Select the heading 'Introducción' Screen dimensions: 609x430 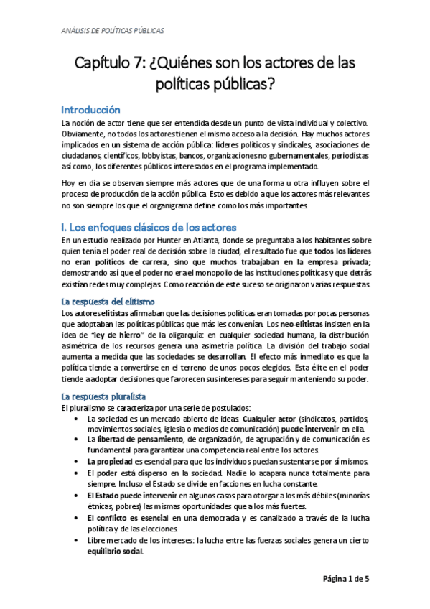[x=90, y=111]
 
